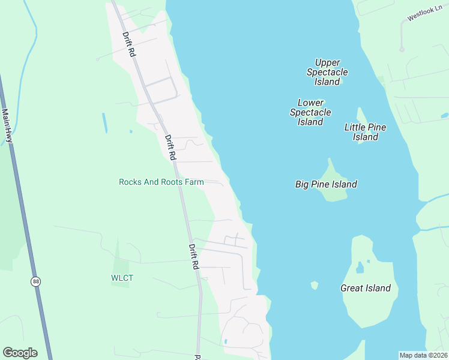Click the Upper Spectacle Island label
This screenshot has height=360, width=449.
pos(327,72)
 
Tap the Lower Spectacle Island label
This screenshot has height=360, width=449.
pos(310,112)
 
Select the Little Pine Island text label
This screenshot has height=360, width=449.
pos(365,132)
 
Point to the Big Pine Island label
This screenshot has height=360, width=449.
pos(326,184)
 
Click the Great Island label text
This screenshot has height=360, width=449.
pos(366,288)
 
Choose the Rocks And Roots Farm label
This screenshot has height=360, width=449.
pos(161,182)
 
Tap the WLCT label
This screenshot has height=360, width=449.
pos(122,278)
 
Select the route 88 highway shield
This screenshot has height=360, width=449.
pos(37,281)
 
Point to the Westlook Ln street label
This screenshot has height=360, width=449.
pos(424,14)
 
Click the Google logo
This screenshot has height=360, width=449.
pos(20,353)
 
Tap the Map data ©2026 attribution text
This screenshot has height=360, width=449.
pos(423,355)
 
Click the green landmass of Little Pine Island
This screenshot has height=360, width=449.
pos(361,116)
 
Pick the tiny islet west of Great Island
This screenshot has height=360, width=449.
pos(314,285)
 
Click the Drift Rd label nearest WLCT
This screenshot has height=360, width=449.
pos(193,256)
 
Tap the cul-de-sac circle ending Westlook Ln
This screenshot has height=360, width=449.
pos(402,49)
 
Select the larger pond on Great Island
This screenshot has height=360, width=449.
pos(360,268)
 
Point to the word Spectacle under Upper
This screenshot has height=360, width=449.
pos(327,72)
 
